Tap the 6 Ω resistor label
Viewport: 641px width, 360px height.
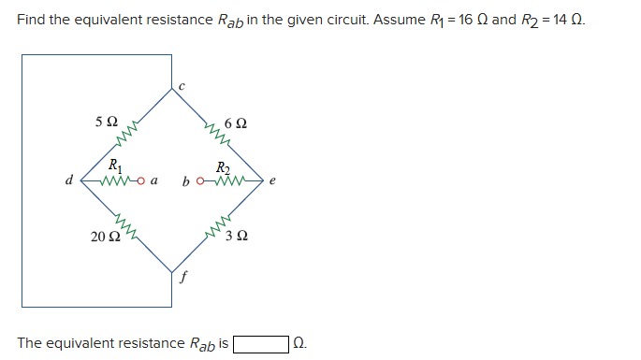236,124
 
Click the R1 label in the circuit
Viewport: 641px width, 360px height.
113,166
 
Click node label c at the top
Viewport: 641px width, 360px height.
182,86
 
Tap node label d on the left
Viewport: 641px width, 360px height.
68,180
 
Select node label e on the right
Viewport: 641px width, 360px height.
272,182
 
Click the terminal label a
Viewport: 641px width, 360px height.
153,181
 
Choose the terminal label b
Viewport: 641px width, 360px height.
187,180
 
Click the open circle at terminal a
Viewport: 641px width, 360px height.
139,180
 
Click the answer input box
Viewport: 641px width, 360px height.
261,343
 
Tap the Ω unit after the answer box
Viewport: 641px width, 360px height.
299,343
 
